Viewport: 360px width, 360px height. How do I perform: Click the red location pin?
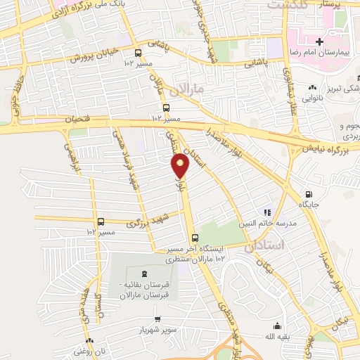click(181, 166)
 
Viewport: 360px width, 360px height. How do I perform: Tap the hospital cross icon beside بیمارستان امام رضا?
click(319, 41)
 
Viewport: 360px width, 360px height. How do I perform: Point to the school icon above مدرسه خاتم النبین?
click(266, 212)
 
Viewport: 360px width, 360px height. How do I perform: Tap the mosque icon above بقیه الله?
click(277, 326)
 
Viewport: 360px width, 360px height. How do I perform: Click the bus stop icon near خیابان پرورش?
click(138, 52)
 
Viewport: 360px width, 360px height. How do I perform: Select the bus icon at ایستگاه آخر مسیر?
click(195, 237)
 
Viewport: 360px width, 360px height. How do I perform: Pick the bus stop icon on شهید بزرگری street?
click(101, 221)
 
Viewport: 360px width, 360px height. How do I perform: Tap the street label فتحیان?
click(78, 120)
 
